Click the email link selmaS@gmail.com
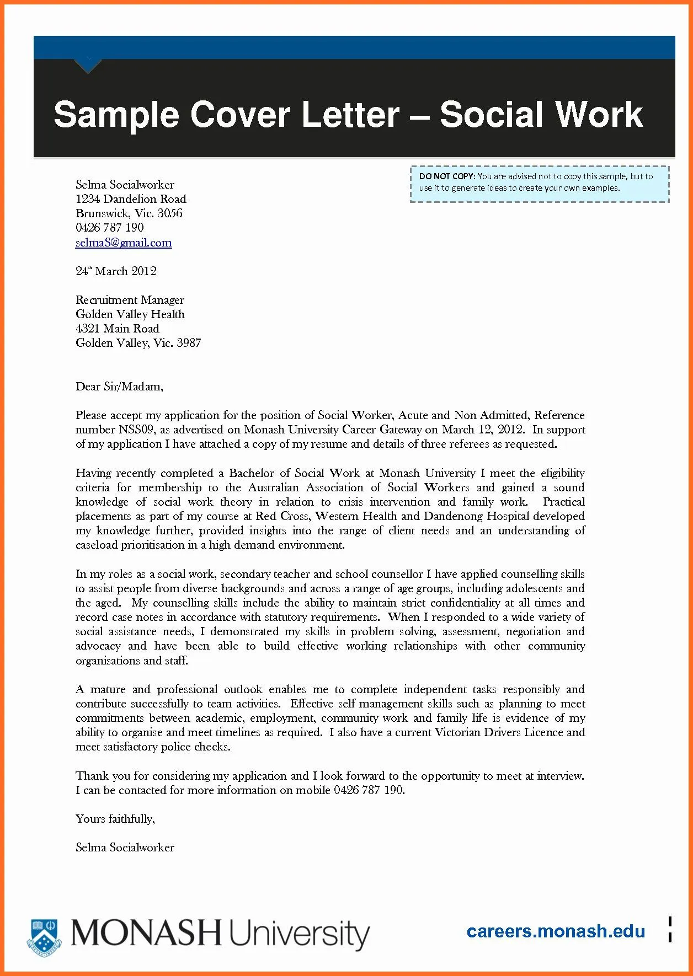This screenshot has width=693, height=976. point(124,243)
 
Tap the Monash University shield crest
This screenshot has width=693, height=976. point(44,934)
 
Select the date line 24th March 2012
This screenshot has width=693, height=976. point(116,271)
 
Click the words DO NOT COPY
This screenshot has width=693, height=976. point(446,176)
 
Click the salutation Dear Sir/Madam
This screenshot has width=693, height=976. point(119,387)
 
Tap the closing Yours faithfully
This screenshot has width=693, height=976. point(115,819)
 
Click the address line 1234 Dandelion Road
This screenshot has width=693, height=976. point(131,199)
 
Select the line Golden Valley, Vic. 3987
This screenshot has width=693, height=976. point(138,343)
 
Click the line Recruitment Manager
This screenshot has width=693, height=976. point(130,300)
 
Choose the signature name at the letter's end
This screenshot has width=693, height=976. point(125,848)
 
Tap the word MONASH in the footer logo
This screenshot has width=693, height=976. point(146,933)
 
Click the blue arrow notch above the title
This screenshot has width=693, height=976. point(88,66)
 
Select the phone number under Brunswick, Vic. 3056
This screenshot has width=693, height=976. point(109,228)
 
